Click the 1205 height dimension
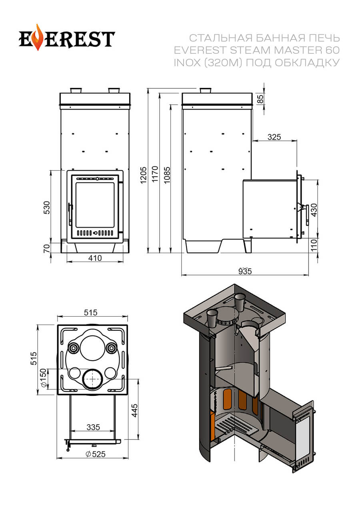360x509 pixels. (x=144, y=174)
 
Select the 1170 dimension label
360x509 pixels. (x=155, y=174)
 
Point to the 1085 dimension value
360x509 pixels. (x=167, y=174)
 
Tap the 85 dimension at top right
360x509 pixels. (x=261, y=99)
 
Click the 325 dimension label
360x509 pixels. (x=274, y=137)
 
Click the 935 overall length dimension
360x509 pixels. (x=245, y=271)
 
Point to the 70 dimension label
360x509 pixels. (x=47, y=248)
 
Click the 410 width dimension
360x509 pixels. (x=95, y=258)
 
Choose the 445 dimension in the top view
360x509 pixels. (x=135, y=410)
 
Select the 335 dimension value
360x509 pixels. (x=93, y=427)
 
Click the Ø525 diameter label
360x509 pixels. (x=93, y=454)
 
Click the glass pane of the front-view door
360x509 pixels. (x=95, y=205)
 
